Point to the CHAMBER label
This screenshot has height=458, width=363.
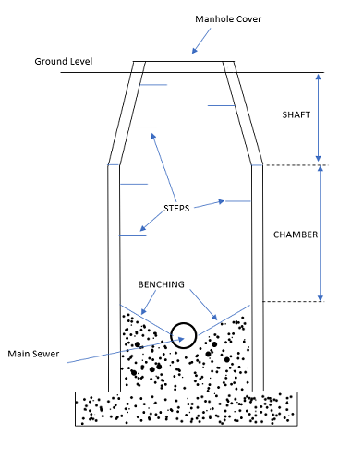point(296,235)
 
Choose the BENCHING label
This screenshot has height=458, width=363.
point(161,284)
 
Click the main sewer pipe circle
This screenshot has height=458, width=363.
point(184,334)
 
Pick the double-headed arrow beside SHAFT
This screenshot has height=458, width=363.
point(318,117)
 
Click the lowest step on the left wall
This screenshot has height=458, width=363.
point(134,235)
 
